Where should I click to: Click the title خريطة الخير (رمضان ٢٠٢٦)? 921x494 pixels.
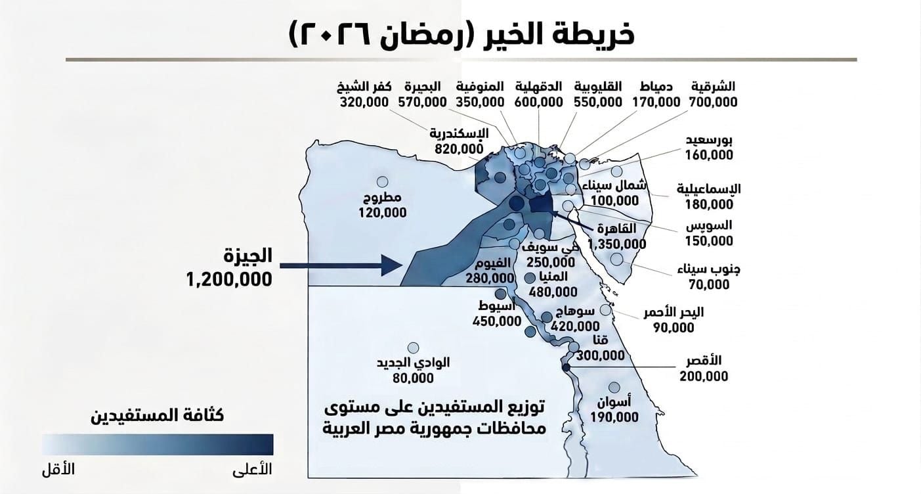[461, 34]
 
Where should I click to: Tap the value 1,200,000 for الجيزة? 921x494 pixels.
[228, 279]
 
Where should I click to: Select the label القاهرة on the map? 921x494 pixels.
[618, 229]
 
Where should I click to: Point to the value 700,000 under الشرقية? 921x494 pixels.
[713, 102]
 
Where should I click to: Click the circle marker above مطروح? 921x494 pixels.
[380, 181]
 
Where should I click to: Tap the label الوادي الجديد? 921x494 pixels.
[414, 363]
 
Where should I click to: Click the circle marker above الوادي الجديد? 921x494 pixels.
[414, 348]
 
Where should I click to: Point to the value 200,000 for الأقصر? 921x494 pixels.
[704, 376]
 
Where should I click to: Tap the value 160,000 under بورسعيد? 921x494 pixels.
[709, 156]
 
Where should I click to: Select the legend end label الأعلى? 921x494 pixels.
[253, 470]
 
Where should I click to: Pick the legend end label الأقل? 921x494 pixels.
[58, 470]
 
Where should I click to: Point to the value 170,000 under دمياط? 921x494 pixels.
[656, 102]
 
